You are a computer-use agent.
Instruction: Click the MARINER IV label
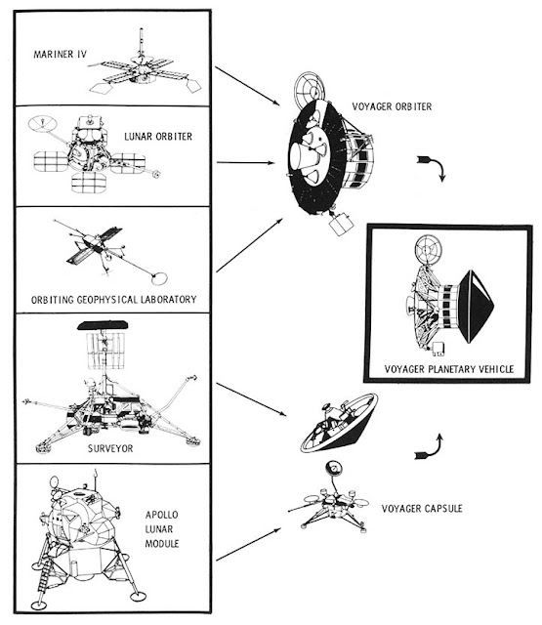pos(60,55)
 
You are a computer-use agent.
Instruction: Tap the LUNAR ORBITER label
pos(158,137)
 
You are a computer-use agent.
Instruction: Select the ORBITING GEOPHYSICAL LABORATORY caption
pos(113,300)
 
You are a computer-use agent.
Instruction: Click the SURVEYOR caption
pos(110,448)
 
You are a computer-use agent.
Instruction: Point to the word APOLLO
pos(161,515)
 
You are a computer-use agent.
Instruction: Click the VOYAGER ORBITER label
pos(392,106)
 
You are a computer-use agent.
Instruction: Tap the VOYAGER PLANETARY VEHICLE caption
pos(449,369)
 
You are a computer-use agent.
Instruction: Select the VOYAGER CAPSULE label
pos(422,509)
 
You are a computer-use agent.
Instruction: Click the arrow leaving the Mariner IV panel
pos(247,86)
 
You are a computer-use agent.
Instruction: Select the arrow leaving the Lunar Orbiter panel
pos(245,163)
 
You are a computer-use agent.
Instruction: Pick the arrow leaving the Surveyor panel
pos(251,399)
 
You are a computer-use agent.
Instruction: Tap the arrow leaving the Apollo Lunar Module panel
pos(248,544)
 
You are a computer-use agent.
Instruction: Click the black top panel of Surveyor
pos(103,325)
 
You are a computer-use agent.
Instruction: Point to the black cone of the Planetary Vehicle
pos(476,307)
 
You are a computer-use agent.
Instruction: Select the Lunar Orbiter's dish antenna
pos(43,124)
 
